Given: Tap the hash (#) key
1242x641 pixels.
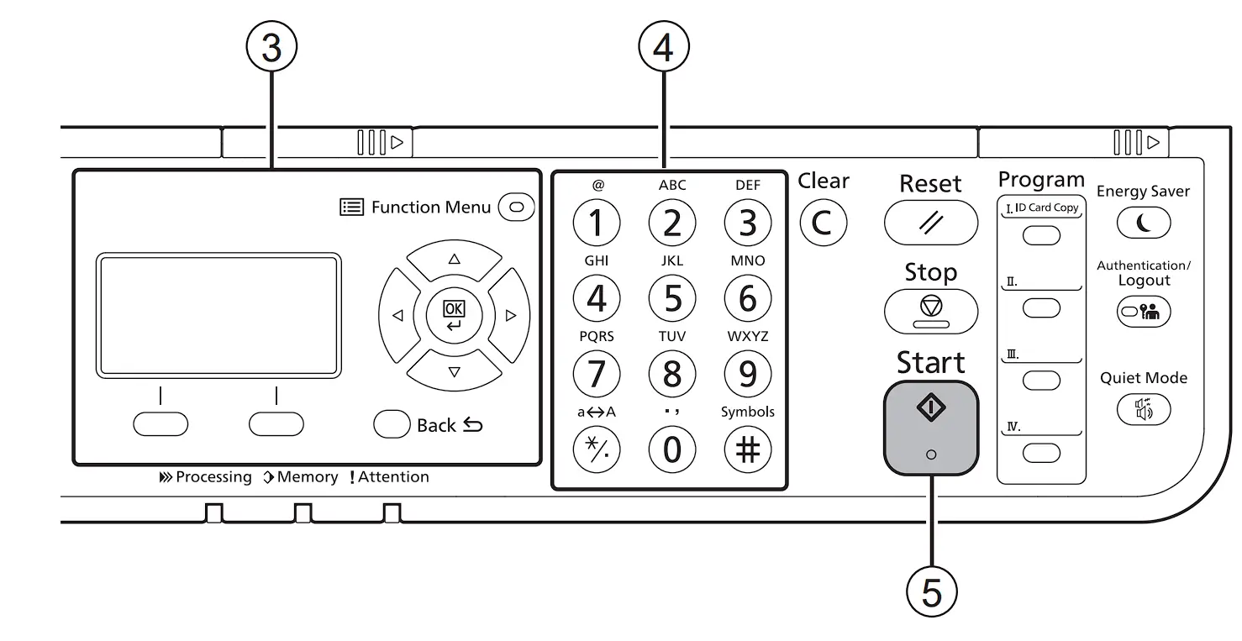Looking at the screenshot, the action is [x=747, y=449].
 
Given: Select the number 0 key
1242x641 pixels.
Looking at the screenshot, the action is [x=672, y=449].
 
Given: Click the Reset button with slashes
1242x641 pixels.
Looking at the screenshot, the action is [x=931, y=223].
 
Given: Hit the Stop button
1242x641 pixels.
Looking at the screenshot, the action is [x=931, y=311].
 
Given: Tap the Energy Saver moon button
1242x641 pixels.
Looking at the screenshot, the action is [x=1144, y=223].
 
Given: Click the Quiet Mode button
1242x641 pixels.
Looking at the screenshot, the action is [x=1144, y=409].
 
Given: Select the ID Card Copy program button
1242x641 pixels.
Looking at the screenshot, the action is [x=1041, y=236].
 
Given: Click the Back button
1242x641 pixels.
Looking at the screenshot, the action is [x=392, y=424].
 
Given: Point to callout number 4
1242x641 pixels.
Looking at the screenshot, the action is [x=664, y=46].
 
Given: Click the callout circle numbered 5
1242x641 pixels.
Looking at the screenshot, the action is [x=931, y=591].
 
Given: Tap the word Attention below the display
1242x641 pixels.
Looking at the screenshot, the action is [x=393, y=477].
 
